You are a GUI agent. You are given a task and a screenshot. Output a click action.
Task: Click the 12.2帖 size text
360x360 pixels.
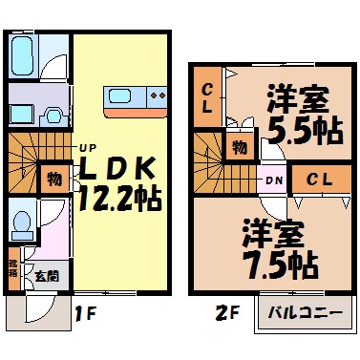(118, 201)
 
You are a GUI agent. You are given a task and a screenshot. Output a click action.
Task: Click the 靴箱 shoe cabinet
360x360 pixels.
(13, 267)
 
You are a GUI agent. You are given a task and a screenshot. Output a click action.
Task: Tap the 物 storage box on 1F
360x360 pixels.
(53, 179)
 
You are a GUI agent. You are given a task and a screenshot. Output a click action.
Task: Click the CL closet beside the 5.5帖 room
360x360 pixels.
(205, 97)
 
